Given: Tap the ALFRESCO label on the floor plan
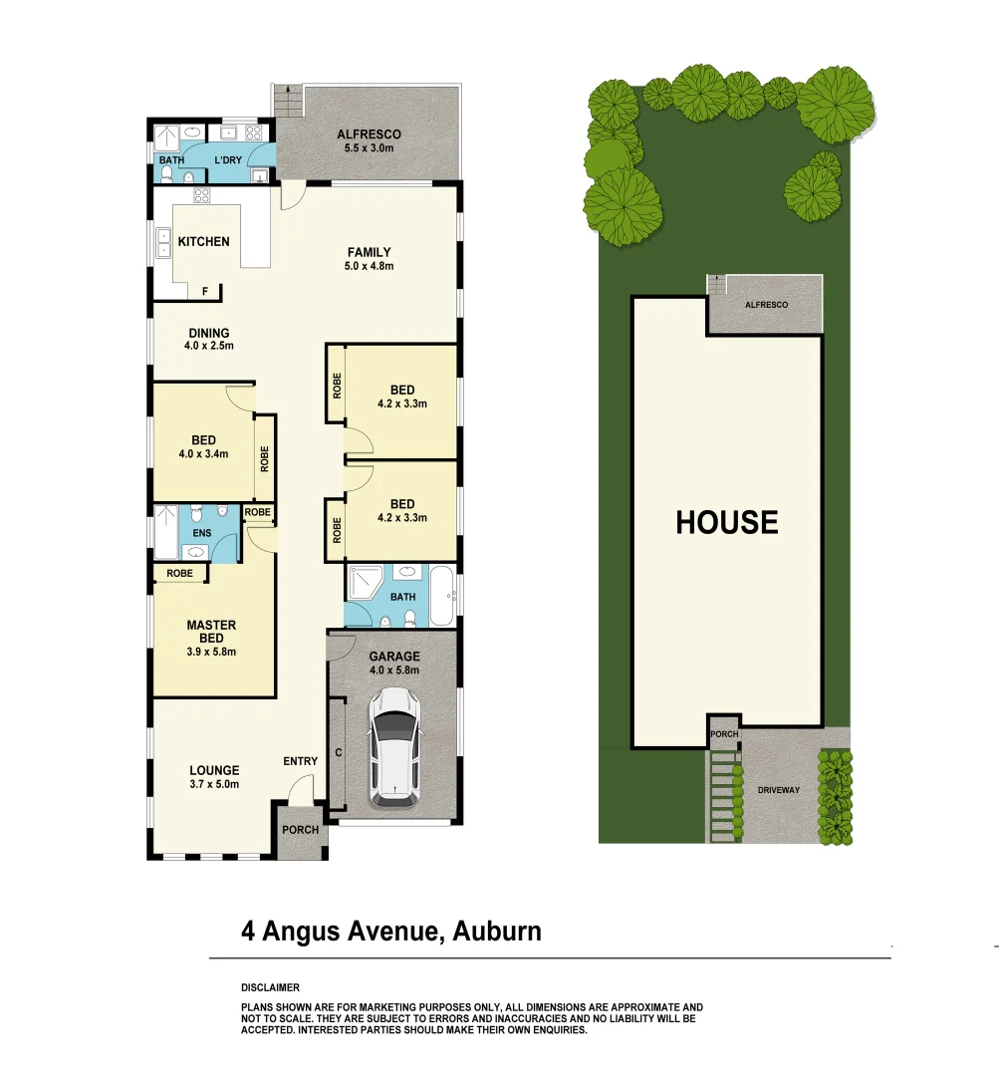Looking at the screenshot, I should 369,134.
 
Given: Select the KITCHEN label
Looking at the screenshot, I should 203,242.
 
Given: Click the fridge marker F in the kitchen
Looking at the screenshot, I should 206,292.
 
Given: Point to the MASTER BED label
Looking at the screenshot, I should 211,632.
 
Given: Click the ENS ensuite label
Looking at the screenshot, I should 201,534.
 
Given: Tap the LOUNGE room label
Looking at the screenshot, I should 214,770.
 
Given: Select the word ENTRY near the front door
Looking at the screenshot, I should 300,761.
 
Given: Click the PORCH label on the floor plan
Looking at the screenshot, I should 300,830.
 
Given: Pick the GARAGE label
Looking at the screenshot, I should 394,657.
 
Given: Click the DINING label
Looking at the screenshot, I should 208,333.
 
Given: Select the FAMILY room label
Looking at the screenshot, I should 369,252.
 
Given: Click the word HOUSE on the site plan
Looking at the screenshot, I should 727,522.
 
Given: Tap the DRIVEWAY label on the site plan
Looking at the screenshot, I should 779,790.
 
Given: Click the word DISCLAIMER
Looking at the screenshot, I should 270,987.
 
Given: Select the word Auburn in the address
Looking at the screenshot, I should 497,933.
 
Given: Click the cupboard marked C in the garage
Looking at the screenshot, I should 339,752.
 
